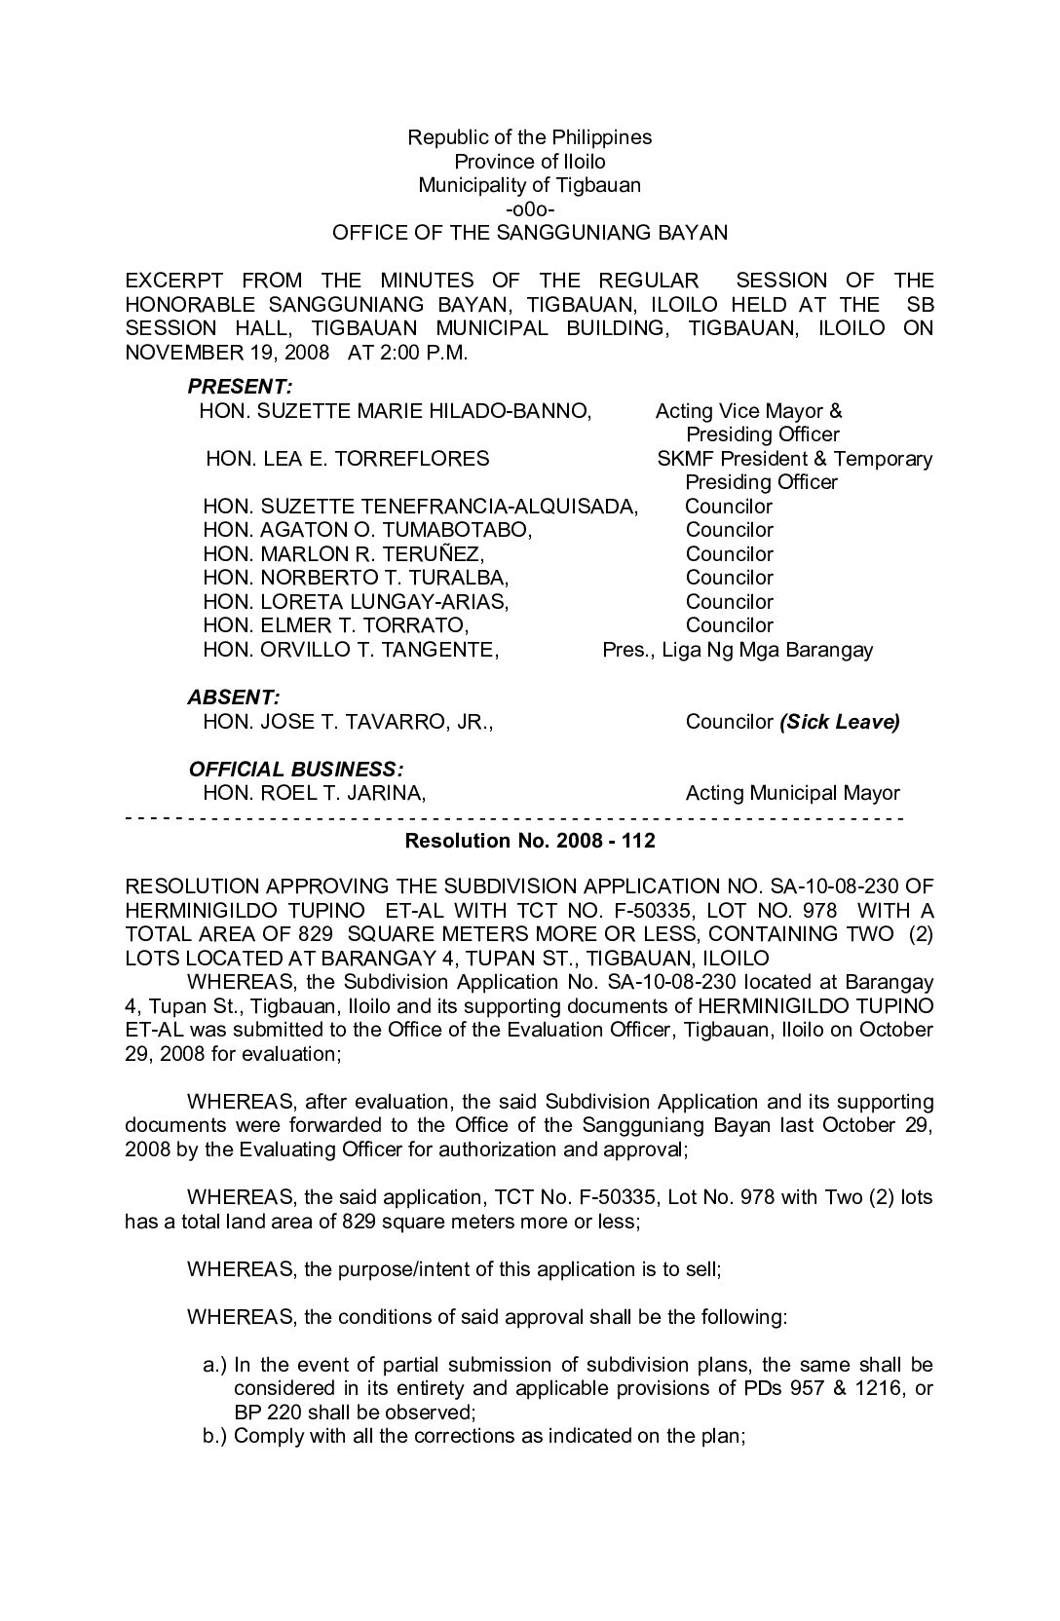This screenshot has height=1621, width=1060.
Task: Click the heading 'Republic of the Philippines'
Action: (x=529, y=137)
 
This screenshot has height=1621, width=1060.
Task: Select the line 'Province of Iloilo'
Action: (x=529, y=162)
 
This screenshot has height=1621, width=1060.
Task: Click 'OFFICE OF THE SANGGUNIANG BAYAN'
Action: (x=529, y=233)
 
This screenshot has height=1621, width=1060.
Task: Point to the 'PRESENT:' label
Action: (x=240, y=387)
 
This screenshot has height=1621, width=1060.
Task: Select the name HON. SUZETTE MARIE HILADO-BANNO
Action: (x=395, y=411)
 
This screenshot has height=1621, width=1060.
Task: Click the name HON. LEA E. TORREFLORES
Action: (x=348, y=459)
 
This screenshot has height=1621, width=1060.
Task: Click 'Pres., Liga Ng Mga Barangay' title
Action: (x=738, y=650)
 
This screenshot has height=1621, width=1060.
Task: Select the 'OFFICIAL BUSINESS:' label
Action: (x=296, y=769)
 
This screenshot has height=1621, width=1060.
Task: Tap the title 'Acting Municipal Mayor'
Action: (x=792, y=793)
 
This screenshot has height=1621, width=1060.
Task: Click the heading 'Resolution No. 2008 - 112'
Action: (x=529, y=841)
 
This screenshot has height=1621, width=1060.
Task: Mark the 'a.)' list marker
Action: (x=214, y=1365)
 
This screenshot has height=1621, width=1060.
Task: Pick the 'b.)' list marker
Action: (x=214, y=1436)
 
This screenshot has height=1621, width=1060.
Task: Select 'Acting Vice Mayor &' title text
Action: (x=748, y=411)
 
